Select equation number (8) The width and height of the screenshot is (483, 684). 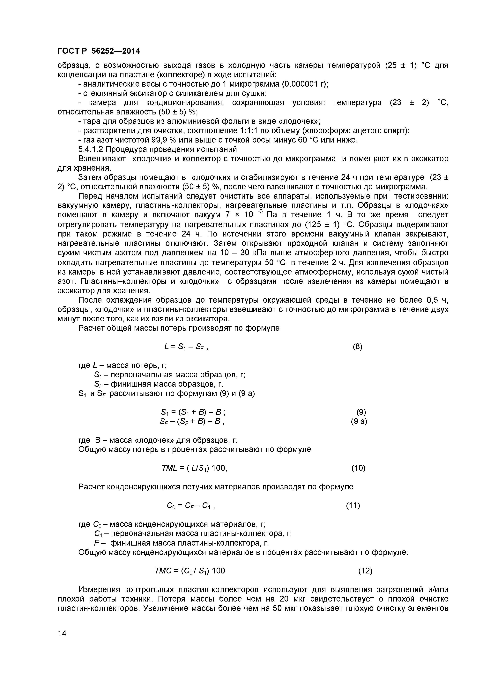[357, 346]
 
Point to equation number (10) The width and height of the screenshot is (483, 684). [358, 468]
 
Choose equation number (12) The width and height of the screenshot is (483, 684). [365, 571]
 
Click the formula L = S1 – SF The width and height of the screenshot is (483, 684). [186, 347]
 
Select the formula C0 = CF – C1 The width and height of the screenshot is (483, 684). [191, 506]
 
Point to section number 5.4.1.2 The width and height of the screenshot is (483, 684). [91, 149]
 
